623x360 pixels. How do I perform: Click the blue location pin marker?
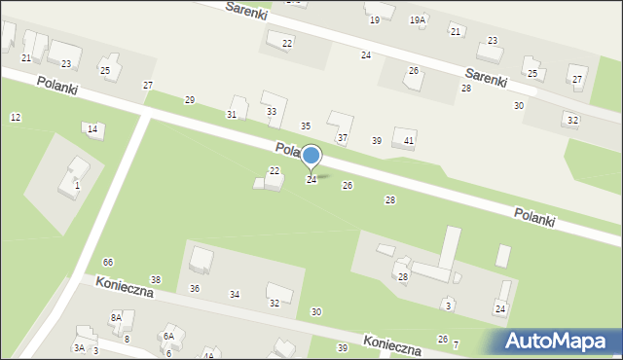click(311, 156)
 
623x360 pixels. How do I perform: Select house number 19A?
click(418, 19)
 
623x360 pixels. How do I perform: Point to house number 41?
click(409, 141)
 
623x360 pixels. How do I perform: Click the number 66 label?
click(108, 263)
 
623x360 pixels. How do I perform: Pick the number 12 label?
click(15, 117)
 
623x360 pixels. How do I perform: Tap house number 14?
click(92, 129)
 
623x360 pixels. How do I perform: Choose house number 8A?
click(116, 318)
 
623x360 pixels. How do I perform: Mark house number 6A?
click(168, 336)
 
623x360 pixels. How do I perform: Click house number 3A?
click(79, 347)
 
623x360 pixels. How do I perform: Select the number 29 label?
click(190, 100)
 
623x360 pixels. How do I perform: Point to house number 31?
click(232, 115)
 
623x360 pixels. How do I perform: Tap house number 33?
click(272, 112)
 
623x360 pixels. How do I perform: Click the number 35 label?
click(305, 126)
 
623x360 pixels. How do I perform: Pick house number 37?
click(342, 138)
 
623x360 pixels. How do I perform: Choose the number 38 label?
click(156, 279)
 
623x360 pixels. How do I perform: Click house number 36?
click(195, 288)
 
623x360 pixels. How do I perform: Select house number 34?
click(235, 294)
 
